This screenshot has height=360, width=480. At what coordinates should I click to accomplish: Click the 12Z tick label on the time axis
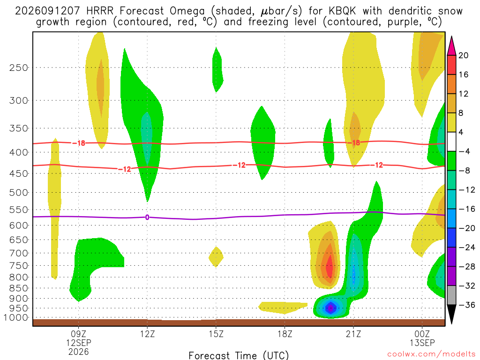147,334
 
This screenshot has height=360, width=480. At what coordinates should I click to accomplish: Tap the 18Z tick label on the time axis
285,334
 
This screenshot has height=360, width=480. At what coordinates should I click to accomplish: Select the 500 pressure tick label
19,193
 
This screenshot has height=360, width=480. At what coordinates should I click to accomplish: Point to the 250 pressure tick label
19,67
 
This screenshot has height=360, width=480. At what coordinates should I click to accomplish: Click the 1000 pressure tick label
16,317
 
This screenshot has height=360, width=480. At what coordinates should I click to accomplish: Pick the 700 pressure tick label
19,253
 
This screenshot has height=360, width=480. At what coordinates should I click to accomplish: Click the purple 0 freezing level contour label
147,217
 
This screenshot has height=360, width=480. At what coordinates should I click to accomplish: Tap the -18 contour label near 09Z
79,143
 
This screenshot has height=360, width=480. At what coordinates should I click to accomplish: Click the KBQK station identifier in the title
342,11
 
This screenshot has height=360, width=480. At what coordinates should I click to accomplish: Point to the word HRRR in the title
100,11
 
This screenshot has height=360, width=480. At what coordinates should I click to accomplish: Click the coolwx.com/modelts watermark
431,354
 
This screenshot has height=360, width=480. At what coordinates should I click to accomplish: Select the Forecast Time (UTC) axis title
239,355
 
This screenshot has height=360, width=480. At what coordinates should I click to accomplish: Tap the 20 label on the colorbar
464,55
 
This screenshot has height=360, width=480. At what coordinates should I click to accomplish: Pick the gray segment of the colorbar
451,295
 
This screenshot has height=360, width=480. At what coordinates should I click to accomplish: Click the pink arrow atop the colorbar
451,45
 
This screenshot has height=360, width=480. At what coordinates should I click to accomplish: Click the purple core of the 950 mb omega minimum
330,308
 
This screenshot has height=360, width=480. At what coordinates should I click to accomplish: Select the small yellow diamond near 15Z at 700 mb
216,257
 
